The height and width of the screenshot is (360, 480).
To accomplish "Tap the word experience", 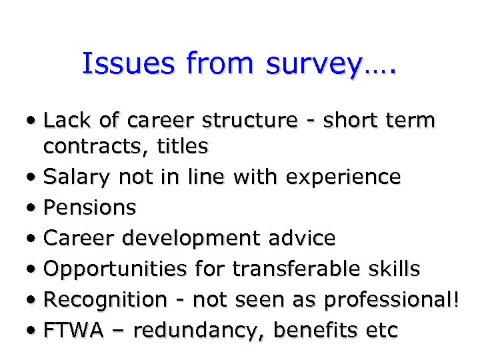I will coord(343,177).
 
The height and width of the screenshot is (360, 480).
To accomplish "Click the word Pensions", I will coord(89,207).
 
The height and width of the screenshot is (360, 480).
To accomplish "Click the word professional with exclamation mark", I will coord(391,300).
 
